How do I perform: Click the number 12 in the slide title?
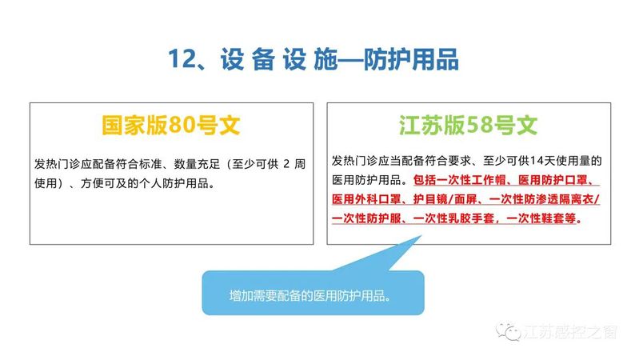click(182, 58)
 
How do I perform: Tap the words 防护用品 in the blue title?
click(411, 59)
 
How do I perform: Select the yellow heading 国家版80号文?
click(171, 125)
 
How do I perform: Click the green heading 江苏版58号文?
click(468, 125)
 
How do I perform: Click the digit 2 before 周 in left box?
click(286, 164)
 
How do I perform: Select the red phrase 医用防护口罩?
click(552, 180)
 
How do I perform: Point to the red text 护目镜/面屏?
click(445, 199)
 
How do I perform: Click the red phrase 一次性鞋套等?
click(541, 218)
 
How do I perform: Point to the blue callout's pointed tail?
click(421, 236)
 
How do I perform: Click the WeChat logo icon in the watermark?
click(508, 331)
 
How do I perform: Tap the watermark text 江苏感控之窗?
click(570, 332)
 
